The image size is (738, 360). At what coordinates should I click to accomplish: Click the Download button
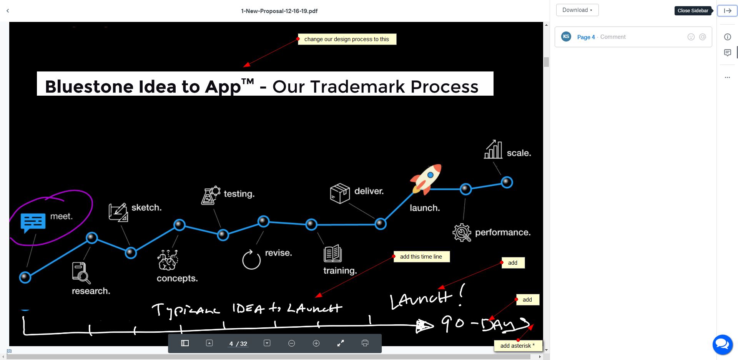click(x=577, y=10)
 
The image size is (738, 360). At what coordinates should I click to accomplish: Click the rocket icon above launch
click(x=426, y=179)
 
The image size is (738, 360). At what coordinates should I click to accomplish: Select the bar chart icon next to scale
click(x=493, y=149)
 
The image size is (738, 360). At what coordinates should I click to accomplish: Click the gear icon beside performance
click(x=462, y=232)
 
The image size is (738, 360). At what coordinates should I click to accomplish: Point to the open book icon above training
click(x=333, y=253)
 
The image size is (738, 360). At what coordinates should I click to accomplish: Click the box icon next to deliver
click(x=340, y=193)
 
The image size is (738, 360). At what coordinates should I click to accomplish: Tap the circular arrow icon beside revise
click(x=251, y=259)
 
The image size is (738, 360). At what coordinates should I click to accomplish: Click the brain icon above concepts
click(x=168, y=260)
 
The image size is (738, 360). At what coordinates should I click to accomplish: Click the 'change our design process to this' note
click(x=347, y=39)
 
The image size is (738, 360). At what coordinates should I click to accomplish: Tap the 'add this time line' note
click(x=421, y=257)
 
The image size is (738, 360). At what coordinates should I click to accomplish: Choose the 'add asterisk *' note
click(x=518, y=346)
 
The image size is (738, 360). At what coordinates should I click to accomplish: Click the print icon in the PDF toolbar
click(x=365, y=343)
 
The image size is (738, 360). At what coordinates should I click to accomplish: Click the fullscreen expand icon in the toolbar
click(x=341, y=343)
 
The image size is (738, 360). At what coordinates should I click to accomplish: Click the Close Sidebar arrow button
click(x=727, y=11)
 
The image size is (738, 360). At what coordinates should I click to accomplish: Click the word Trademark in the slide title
click(x=357, y=87)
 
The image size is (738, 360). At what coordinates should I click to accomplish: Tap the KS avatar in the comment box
click(x=566, y=37)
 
